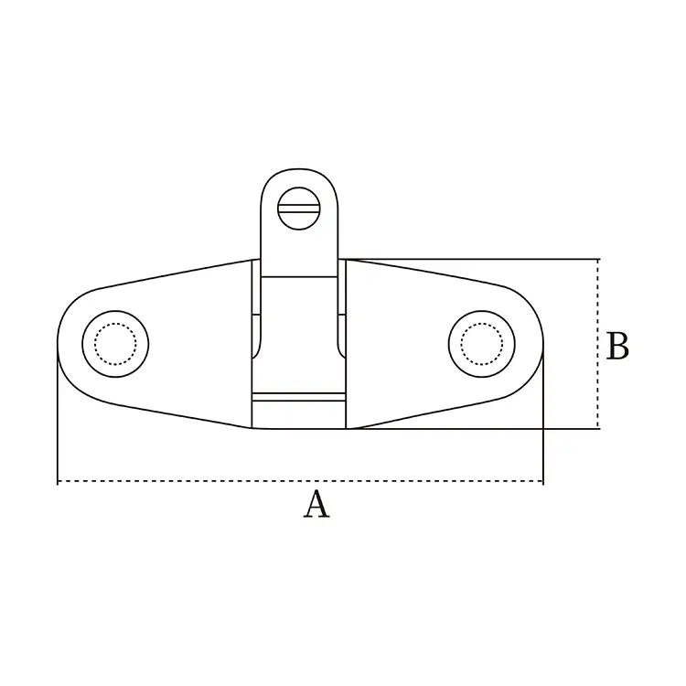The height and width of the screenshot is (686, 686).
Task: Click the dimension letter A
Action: click(x=316, y=505)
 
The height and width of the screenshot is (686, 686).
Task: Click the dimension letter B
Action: click(x=618, y=348)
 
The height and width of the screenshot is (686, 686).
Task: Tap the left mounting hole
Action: click(x=116, y=343)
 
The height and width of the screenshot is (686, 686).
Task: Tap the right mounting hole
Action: click(x=481, y=343)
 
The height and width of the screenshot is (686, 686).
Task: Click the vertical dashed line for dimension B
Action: click(x=599, y=302)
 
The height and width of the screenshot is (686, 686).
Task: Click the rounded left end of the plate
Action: click(x=62, y=343)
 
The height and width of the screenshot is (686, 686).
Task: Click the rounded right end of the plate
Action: click(x=538, y=343)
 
